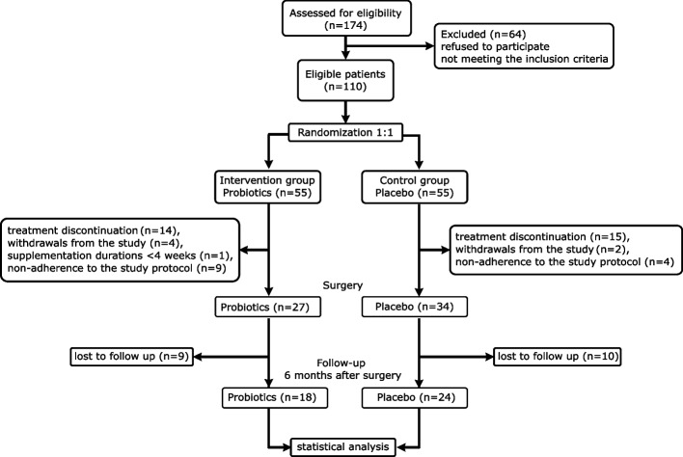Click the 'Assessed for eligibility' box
tap(346, 18)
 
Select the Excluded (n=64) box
tap(524, 46)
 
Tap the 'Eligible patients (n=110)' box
tap(345, 81)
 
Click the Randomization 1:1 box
tap(345, 132)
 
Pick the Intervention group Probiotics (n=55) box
tap(267, 187)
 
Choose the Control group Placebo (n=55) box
tap(415, 187)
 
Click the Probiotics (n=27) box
tap(267, 307)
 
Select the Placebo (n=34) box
tap(415, 307)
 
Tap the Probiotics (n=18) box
tap(274, 397)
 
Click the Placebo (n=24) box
tap(415, 397)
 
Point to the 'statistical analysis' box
tap(342, 447)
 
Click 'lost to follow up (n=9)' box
tap(131, 357)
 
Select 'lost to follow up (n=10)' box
tap(558, 357)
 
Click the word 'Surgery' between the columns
tap(342, 285)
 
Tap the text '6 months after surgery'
tap(342, 375)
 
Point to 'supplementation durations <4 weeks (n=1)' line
tap(121, 255)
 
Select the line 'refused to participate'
tap(495, 46)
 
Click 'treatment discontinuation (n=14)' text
tap(94, 230)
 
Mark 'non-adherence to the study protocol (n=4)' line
tap(564, 262)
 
